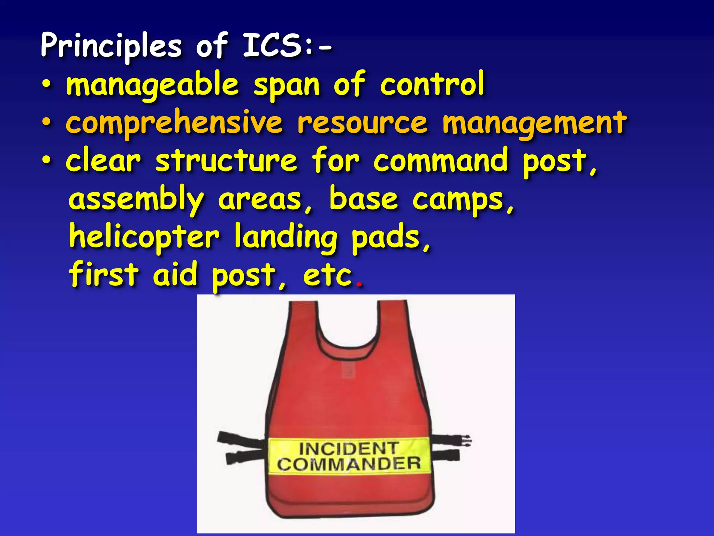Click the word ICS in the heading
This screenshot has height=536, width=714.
272,45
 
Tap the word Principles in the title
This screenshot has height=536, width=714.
111,47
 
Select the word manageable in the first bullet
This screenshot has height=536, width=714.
152,85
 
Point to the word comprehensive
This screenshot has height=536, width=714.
174,123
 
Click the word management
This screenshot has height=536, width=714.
534,124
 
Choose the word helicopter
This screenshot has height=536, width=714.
144,237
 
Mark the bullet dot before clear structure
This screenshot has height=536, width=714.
46,161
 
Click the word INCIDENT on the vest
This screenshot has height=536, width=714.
348,448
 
